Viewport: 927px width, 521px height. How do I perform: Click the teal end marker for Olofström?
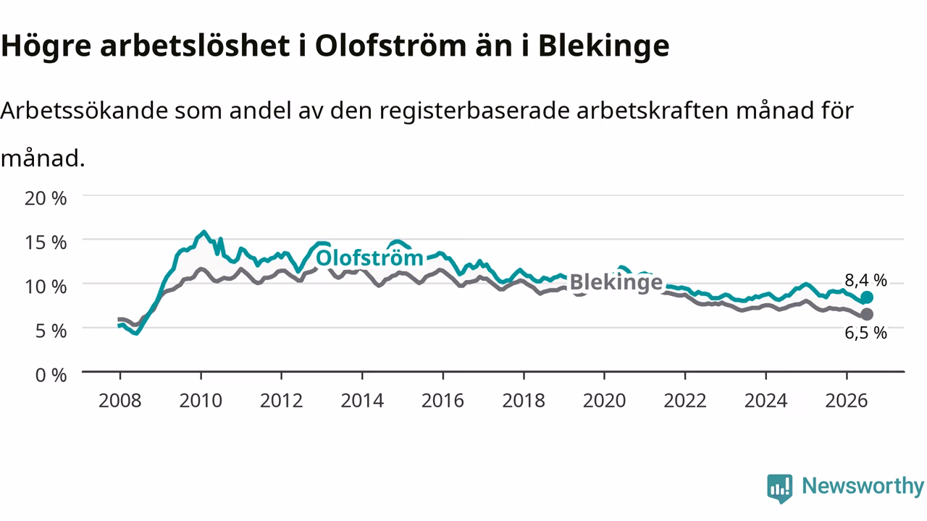pyautogui.click(x=867, y=297)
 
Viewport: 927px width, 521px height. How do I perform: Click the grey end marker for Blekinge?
pyautogui.click(x=867, y=315)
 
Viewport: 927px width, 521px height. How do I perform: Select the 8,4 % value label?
pyautogui.click(x=865, y=280)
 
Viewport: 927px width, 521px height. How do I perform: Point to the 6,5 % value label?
pyautogui.click(x=865, y=333)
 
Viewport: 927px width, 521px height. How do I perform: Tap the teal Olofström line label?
pyautogui.click(x=369, y=258)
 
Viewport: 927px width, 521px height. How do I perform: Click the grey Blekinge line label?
pyautogui.click(x=616, y=283)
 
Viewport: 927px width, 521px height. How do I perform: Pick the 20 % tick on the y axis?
pyautogui.click(x=46, y=198)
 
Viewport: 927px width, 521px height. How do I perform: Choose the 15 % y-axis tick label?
pyautogui.click(x=46, y=242)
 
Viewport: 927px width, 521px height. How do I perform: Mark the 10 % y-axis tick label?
pyautogui.click(x=46, y=287)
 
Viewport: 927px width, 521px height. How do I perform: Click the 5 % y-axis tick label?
pyautogui.click(x=51, y=331)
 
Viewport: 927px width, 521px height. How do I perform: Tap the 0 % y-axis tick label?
pyautogui.click(x=51, y=376)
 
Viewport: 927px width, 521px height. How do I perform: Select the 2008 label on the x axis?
pyautogui.click(x=120, y=401)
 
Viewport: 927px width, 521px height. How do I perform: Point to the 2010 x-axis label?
pyautogui.click(x=201, y=401)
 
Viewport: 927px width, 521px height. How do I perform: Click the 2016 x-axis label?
pyautogui.click(x=442, y=401)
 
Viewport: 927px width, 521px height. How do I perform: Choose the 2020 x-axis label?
pyautogui.click(x=604, y=401)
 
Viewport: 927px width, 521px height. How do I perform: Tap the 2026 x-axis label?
pyautogui.click(x=847, y=401)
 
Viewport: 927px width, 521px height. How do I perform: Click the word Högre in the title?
pyautogui.click(x=46, y=46)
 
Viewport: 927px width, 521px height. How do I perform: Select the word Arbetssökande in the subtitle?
pyautogui.click(x=85, y=111)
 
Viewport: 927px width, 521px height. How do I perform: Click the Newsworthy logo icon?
pyautogui.click(x=780, y=488)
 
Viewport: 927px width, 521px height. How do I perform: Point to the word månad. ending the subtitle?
pyautogui.click(x=43, y=158)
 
